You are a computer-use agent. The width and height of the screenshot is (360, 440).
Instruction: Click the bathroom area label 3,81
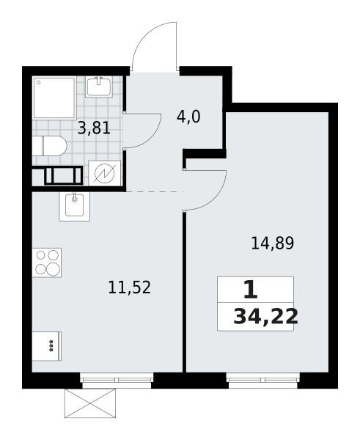[x=94, y=129]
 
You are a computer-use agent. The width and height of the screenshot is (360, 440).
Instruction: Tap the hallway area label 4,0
[x=188, y=117]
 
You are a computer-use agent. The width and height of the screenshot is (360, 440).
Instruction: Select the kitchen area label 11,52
[x=129, y=287]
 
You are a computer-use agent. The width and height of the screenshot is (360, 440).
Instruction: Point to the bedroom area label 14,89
[x=273, y=243]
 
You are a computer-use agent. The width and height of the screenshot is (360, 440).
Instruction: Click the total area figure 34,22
[x=265, y=317]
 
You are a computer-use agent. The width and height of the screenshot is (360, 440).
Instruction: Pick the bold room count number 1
[x=251, y=290]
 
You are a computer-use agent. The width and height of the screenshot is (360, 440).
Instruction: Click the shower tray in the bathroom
[x=54, y=98]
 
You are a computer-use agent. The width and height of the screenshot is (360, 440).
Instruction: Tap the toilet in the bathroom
[x=49, y=146]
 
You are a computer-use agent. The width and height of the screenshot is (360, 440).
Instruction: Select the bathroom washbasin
[x=99, y=87]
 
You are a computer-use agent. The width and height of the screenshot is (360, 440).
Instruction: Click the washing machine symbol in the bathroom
[x=105, y=173]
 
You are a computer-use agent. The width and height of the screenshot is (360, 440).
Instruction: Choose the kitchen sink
[x=74, y=206]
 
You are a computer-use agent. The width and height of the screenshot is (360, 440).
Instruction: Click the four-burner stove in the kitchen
[x=47, y=263]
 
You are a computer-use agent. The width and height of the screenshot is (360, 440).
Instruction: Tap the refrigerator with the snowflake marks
[x=47, y=346]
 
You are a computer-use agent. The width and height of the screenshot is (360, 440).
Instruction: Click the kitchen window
[x=117, y=380]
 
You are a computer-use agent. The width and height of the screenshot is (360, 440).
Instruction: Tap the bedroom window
[x=262, y=380]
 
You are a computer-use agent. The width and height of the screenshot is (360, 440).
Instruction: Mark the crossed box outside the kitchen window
[x=90, y=403]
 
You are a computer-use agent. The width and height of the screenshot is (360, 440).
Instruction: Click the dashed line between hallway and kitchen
[x=155, y=191]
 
